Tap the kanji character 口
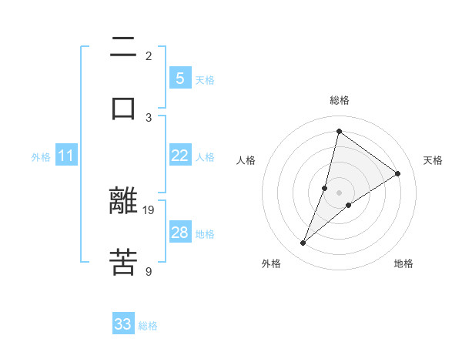pyautogui.click(x=123, y=107)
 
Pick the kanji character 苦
pyautogui.click(x=123, y=262)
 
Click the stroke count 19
pyautogui.click(x=149, y=209)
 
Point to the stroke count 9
pyautogui.click(x=149, y=270)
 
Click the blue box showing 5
pyautogui.click(x=179, y=79)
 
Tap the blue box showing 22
pyautogui.click(x=179, y=156)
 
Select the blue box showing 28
pyautogui.click(x=179, y=233)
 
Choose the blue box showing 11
pyautogui.click(x=66, y=156)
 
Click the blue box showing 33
pyautogui.click(x=123, y=324)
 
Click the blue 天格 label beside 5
pyautogui.click(x=205, y=80)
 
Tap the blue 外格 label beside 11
pyautogui.click(x=41, y=157)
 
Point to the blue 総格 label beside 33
pyautogui.click(x=148, y=326)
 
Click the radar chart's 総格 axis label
pyautogui.click(x=339, y=100)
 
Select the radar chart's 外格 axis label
pyautogui.click(x=271, y=263)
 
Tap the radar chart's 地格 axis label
pyautogui.click(x=403, y=263)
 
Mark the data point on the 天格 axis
pyautogui.click(x=398, y=173)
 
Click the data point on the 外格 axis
pyautogui.click(x=303, y=243)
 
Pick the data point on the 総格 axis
pyautogui.click(x=339, y=132)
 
